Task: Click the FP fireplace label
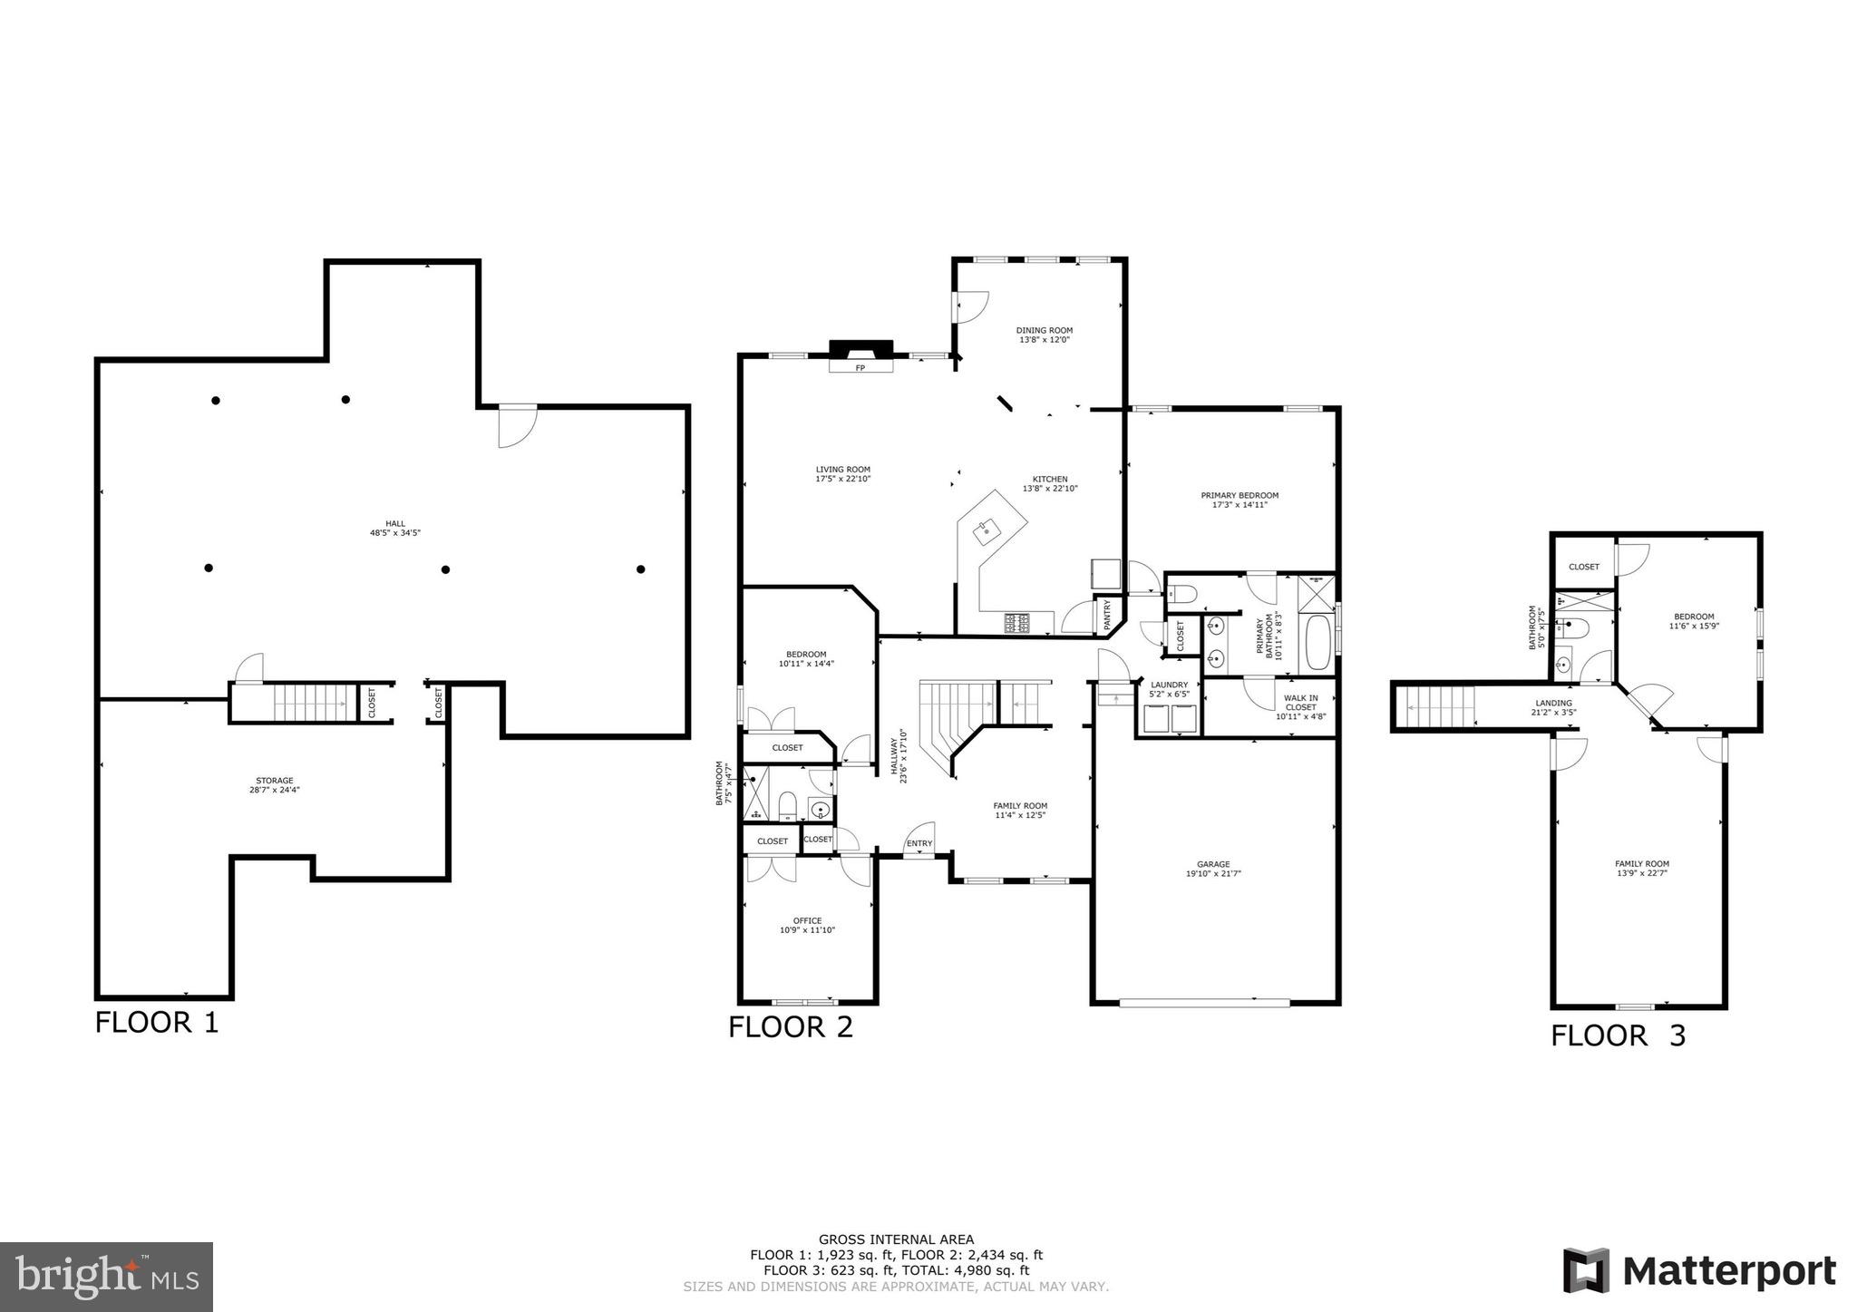(x=860, y=368)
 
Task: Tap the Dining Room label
(x=1044, y=331)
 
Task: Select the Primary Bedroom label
(x=1240, y=495)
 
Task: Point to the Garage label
(x=1213, y=864)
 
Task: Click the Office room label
(x=807, y=921)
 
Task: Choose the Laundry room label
(x=1169, y=685)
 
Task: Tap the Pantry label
(x=1107, y=617)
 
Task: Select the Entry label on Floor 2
(x=919, y=844)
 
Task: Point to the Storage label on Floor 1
(x=274, y=781)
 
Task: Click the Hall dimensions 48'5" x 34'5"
(x=394, y=533)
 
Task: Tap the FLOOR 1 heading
(x=157, y=1023)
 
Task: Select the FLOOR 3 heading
(x=1618, y=1035)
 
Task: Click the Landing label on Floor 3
(x=1553, y=703)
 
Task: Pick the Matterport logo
(x=1699, y=1271)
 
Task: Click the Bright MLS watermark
(x=107, y=1277)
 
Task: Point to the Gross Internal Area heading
(x=896, y=1239)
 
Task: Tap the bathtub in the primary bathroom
(x=1316, y=640)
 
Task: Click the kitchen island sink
(x=986, y=533)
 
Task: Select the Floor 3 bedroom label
(x=1693, y=617)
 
